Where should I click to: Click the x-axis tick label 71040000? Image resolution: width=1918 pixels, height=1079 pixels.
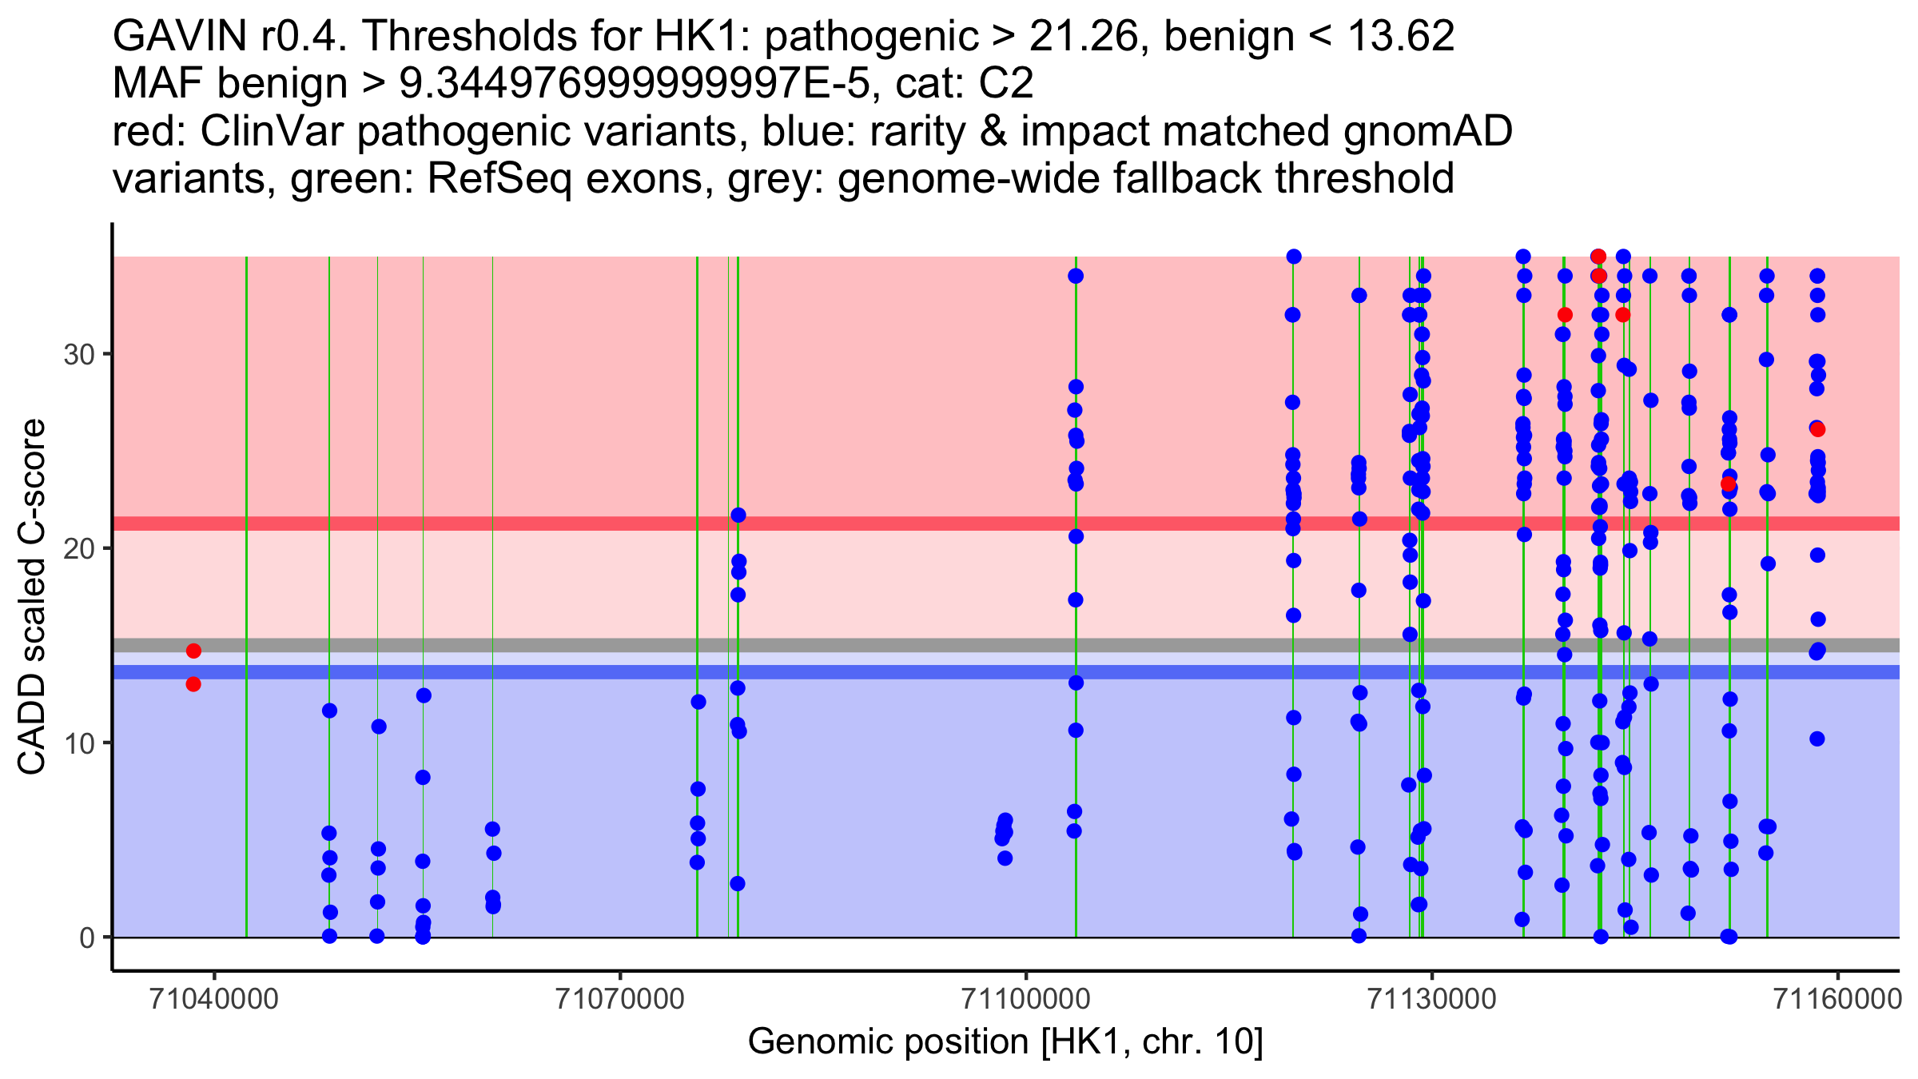(x=214, y=999)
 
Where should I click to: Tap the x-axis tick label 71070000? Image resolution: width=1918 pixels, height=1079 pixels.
(x=620, y=999)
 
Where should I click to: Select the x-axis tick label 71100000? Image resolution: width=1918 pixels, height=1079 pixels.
(x=1026, y=999)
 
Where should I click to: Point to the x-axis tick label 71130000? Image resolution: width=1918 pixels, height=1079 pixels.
(x=1432, y=999)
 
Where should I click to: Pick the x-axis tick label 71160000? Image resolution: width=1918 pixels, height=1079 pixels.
(x=1838, y=999)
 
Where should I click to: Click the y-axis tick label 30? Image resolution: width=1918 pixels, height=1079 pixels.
(x=79, y=354)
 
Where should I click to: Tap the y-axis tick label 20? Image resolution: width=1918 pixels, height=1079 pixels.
(x=79, y=548)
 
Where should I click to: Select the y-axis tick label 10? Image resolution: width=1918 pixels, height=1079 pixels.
(x=79, y=743)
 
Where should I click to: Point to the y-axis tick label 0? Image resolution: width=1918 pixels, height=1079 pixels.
(x=87, y=938)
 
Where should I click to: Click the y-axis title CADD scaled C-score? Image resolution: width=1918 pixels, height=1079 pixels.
(x=32, y=596)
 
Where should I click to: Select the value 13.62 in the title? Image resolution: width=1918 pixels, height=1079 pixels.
(x=1400, y=36)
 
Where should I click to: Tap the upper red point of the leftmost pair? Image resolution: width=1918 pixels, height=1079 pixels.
(x=193, y=651)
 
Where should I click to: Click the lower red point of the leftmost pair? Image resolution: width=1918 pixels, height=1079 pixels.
(x=193, y=684)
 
